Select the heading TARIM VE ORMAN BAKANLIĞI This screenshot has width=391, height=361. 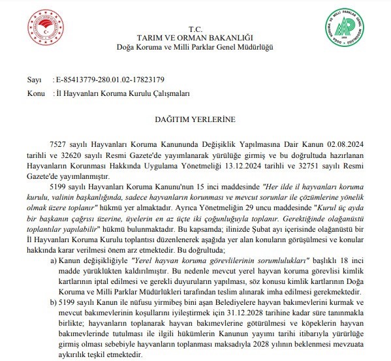(x=195, y=40)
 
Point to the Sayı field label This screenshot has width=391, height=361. (x=33, y=80)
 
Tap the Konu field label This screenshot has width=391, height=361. (x=35, y=93)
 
